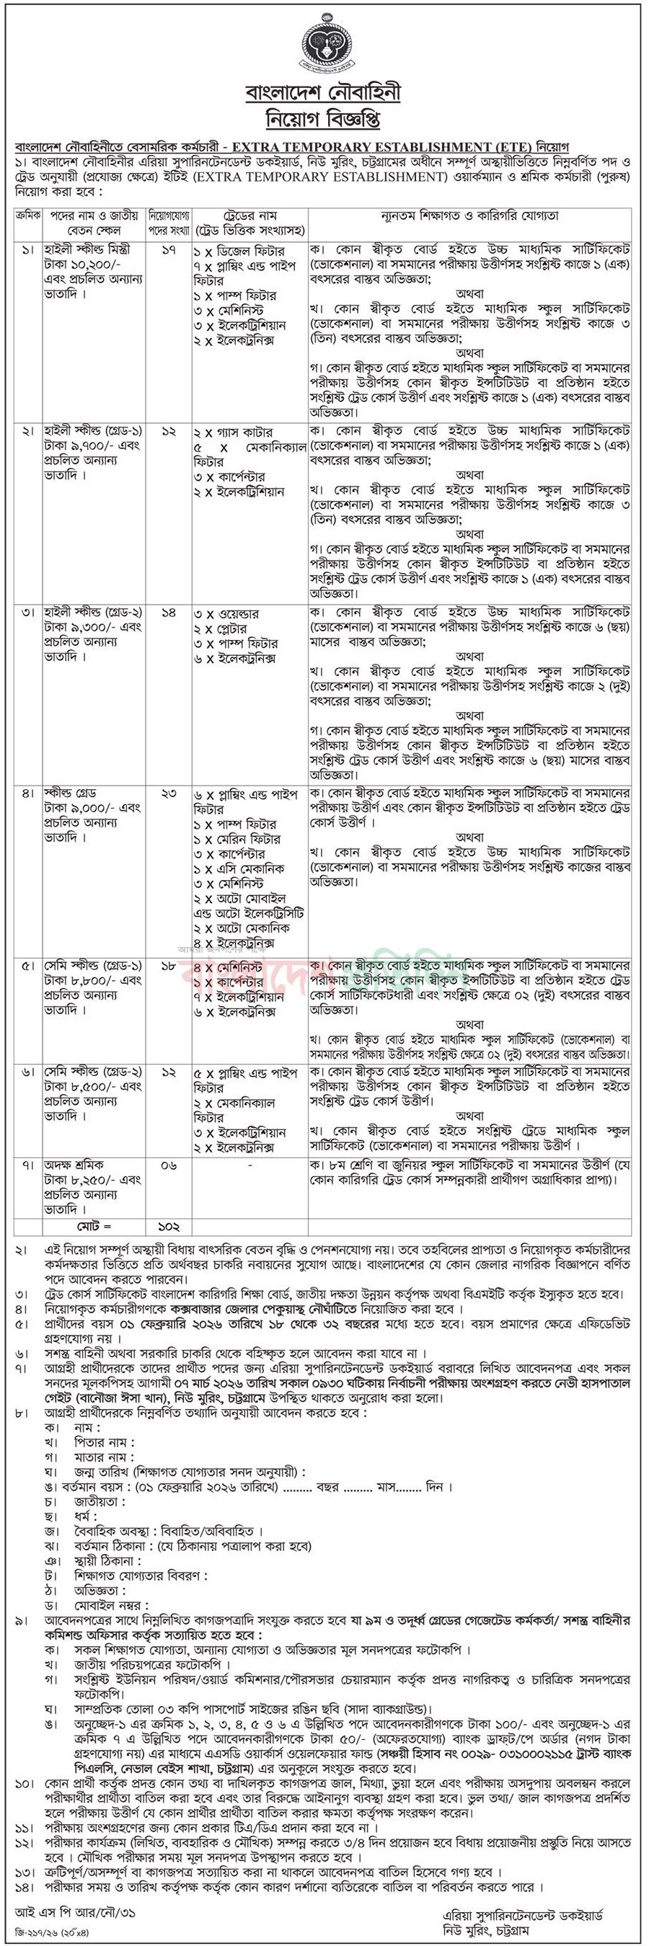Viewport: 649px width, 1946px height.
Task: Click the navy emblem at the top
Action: [x=323, y=45]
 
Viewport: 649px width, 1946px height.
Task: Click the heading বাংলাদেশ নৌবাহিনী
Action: [x=323, y=93]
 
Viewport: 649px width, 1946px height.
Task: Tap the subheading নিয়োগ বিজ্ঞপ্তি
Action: [x=323, y=119]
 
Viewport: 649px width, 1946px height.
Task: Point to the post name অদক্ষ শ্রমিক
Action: [x=74, y=1165]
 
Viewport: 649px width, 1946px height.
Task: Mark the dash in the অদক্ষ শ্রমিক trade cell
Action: [x=250, y=1165]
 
